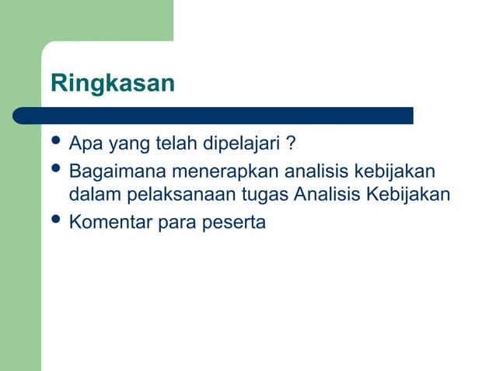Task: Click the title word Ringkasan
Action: (x=113, y=84)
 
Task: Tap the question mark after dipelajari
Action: (x=289, y=144)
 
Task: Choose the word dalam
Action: (x=93, y=194)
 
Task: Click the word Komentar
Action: (x=110, y=223)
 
